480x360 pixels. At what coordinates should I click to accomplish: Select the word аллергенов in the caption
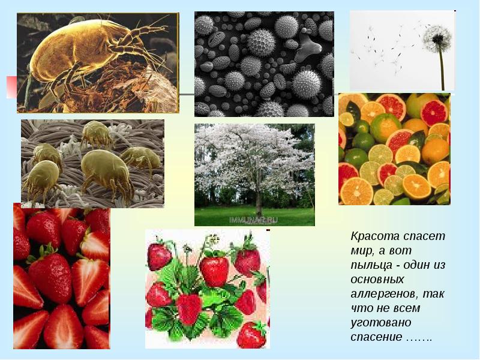pyautogui.click(x=385, y=294)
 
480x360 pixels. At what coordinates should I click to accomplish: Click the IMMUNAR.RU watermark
pyautogui.click(x=253, y=220)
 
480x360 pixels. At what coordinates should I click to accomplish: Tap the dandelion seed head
pyautogui.click(x=437, y=39)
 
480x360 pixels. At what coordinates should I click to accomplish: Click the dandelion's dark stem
pyautogui.click(x=442, y=70)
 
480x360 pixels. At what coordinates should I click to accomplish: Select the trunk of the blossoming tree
pyautogui.click(x=259, y=196)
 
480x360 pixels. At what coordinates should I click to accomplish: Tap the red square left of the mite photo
pyautogui.click(x=11, y=87)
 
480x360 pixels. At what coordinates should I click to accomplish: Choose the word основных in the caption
pyautogui.click(x=377, y=280)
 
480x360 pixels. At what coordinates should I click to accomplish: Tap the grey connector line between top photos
pyautogui.click(x=187, y=94)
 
